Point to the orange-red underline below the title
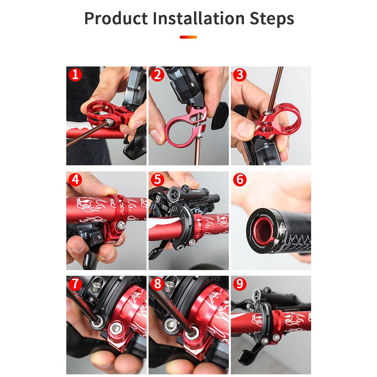(188, 37)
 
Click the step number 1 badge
(75, 75)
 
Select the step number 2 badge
(157, 75)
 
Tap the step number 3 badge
(240, 75)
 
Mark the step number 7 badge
(75, 284)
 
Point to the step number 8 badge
(157, 284)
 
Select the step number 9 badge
(240, 284)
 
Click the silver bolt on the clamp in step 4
(121, 226)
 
